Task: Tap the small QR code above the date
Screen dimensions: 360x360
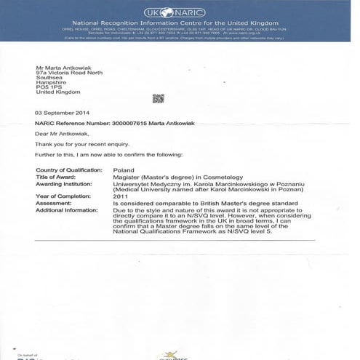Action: coord(158,98)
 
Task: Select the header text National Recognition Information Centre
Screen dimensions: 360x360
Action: coord(145,25)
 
